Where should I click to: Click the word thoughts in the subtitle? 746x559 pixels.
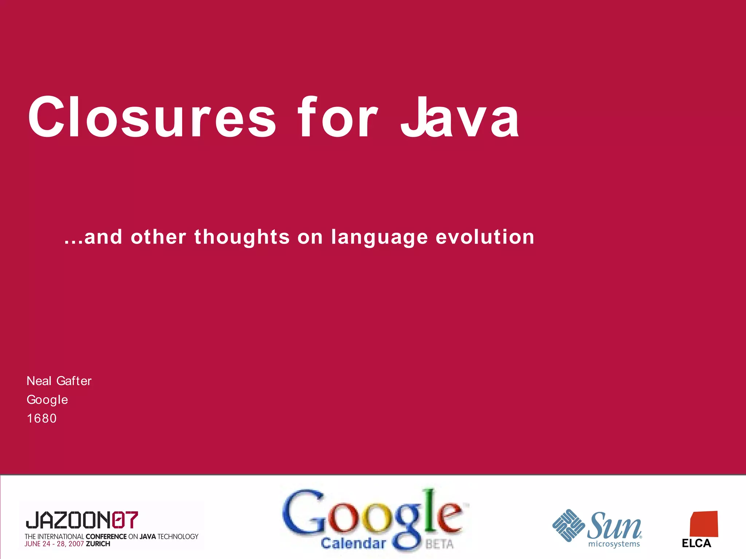tap(242, 237)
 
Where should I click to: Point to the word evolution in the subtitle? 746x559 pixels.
tap(485, 237)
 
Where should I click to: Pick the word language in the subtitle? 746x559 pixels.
tap(379, 238)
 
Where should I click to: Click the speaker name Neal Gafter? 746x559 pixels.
tap(59, 381)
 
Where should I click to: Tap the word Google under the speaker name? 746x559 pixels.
tap(47, 400)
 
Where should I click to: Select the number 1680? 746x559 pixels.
tap(42, 419)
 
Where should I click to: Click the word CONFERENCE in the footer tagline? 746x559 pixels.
tap(106, 536)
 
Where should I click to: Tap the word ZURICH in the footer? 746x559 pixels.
tap(98, 544)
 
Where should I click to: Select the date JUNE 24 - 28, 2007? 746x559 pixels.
tap(54, 544)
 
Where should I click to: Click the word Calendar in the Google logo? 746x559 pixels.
tap(353, 543)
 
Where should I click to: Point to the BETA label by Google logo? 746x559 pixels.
tap(440, 544)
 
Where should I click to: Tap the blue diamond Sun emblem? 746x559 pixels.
tap(568, 525)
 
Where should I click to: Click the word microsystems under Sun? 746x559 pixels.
tap(614, 544)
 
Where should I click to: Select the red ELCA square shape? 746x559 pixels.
tap(704, 524)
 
